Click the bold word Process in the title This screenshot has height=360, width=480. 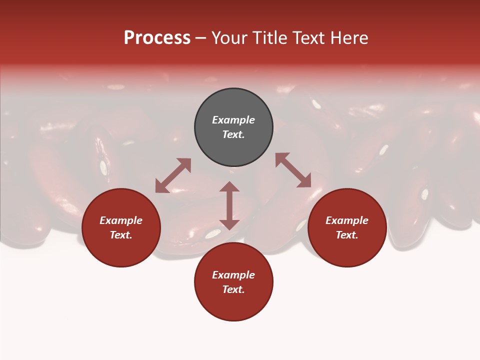coord(157,38)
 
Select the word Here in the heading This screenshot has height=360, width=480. coord(349,38)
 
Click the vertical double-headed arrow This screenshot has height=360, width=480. coord(229,205)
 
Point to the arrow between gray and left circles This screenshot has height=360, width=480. coord(173,175)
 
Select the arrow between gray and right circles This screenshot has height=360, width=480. coord(293,170)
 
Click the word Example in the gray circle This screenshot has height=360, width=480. coord(233,120)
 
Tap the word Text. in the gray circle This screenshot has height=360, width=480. coord(233,134)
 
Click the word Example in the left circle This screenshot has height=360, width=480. coord(121,220)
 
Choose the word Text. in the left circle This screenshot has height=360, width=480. coord(121,235)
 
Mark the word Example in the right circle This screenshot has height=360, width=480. coord(347,220)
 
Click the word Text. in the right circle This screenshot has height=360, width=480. coord(347,235)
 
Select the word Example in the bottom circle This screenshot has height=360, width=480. coord(233,275)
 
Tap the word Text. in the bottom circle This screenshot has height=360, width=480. coord(233,289)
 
